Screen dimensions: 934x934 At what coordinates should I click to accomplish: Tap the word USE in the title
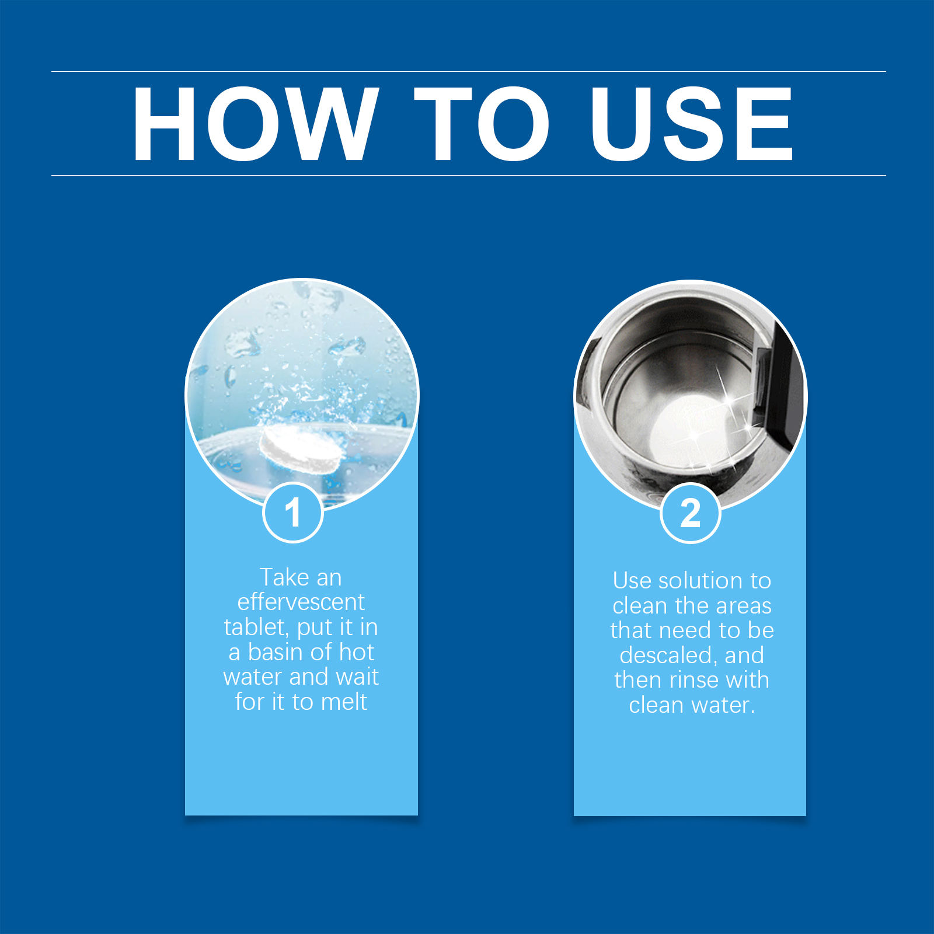pyautogui.click(x=692, y=124)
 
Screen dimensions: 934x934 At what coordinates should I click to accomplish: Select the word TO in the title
pyautogui.click(x=482, y=124)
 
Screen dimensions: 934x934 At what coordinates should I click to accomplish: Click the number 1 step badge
pyautogui.click(x=293, y=513)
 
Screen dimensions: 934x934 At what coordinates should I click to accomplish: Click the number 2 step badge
pyautogui.click(x=691, y=513)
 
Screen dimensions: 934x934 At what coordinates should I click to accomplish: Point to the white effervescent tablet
pyautogui.click(x=300, y=449)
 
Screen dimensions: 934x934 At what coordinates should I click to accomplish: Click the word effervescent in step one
pyautogui.click(x=301, y=602)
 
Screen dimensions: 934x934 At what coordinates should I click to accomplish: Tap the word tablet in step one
pyautogui.click(x=256, y=628)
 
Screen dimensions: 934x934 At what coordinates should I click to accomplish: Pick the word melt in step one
pyautogui.click(x=344, y=702)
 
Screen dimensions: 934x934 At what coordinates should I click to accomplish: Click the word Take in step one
pyautogui.click(x=284, y=577)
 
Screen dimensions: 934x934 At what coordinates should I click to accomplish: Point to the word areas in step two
pyautogui.click(x=744, y=606)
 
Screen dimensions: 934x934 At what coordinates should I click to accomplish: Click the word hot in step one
pyautogui.click(x=357, y=652)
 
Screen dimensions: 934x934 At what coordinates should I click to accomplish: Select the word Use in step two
pyautogui.click(x=632, y=581)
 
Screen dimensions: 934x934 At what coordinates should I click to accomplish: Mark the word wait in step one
pyautogui.click(x=357, y=677)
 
